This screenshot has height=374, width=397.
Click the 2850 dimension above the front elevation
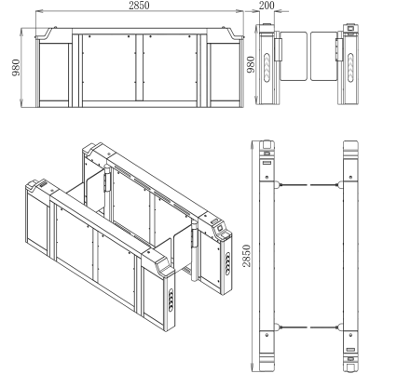(x=140, y=7)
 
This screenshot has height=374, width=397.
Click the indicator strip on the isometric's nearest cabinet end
(x=173, y=300)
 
